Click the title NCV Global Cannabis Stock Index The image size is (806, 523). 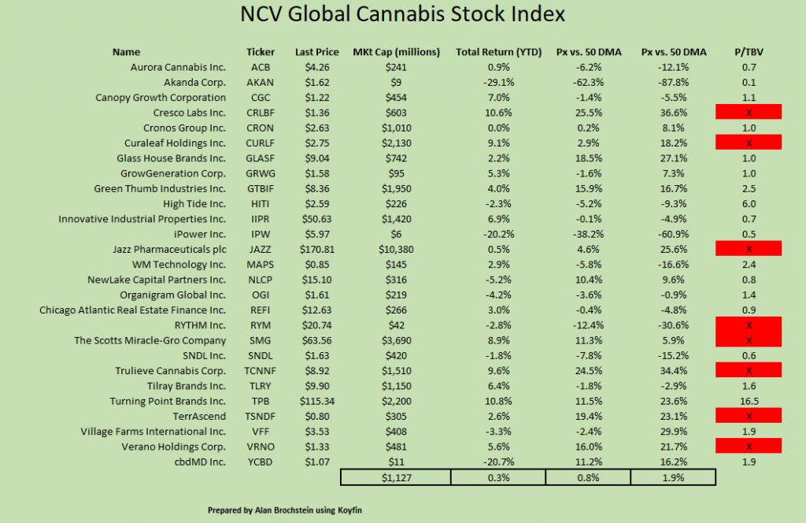coord(403,15)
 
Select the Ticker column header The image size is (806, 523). coord(261,53)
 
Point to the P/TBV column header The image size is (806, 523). coord(749,53)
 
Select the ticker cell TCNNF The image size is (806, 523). coord(261,371)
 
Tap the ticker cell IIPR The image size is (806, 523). coord(261,219)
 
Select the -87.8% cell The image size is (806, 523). coord(675,82)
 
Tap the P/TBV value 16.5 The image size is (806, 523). coord(749,401)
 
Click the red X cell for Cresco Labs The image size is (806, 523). coord(749,113)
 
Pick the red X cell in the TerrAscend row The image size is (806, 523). coord(749,416)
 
